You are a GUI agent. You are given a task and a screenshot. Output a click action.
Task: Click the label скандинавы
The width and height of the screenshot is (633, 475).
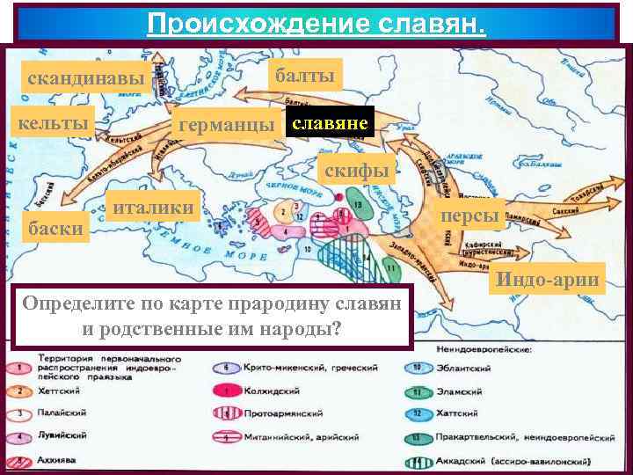click(86, 79)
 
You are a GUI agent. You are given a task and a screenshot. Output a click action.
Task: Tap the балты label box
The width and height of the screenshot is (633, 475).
click(305, 77)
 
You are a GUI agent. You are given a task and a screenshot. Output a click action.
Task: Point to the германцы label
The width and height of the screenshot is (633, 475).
click(226, 125)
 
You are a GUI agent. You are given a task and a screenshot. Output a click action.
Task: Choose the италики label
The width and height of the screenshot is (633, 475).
click(154, 207)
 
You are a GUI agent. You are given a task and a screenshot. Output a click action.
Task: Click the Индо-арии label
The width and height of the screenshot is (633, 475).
click(549, 281)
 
